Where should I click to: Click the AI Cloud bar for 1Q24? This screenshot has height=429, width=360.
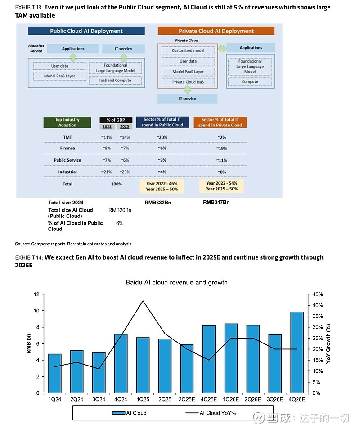[55, 373]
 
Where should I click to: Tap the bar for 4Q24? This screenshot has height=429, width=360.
[121, 363]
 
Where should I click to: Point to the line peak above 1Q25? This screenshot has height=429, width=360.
[143, 301]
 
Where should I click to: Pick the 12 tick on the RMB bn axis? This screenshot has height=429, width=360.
[36, 294]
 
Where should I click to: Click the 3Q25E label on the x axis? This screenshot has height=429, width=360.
[187, 399]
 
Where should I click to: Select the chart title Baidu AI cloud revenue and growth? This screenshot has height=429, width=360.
[176, 283]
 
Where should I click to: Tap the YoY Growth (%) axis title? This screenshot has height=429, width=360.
[328, 343]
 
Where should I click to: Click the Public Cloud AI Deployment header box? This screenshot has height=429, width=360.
[86, 31]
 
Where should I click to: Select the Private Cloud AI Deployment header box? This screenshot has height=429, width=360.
[216, 31]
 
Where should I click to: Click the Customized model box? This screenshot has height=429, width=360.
[188, 50]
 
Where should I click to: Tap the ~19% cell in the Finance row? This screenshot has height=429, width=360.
[222, 148]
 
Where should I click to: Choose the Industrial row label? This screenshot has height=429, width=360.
[67, 172]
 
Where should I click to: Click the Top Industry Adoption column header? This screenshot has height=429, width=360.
[67, 122]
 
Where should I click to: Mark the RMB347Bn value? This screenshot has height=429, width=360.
[216, 203]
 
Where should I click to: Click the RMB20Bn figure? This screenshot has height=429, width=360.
[120, 210]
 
